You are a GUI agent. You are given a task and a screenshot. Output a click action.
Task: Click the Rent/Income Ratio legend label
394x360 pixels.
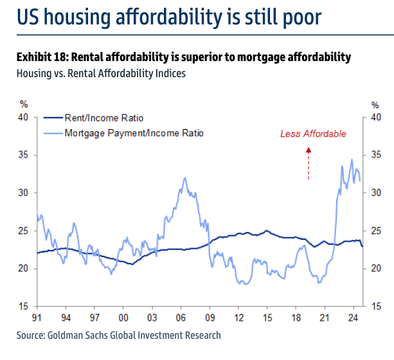pyautogui.click(x=103, y=118)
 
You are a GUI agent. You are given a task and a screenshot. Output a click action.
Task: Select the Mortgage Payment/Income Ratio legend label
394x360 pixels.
pyautogui.click(x=134, y=133)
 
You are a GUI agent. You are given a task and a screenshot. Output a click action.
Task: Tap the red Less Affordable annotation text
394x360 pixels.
pyautogui.click(x=313, y=134)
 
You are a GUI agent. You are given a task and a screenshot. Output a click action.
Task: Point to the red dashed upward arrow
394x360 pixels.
pyautogui.click(x=308, y=163)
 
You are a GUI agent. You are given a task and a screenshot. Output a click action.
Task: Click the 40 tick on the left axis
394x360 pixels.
pyautogui.click(x=24, y=117)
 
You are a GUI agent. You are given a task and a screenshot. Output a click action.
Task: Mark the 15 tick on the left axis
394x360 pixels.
pyautogui.click(x=24, y=306)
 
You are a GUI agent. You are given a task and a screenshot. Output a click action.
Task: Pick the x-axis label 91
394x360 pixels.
pyautogui.click(x=37, y=317)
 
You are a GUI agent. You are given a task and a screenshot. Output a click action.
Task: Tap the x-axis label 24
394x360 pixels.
pyautogui.click(x=353, y=317)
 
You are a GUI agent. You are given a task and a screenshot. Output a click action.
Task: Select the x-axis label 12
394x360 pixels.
pyautogui.click(x=238, y=317)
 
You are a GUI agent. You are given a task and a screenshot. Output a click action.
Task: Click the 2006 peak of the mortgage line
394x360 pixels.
pyautogui.click(x=184, y=178)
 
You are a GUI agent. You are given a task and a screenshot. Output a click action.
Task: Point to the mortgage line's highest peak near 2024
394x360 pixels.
pyautogui.click(x=352, y=159)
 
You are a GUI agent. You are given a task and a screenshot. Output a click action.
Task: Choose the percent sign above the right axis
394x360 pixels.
pyautogui.click(x=376, y=104)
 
